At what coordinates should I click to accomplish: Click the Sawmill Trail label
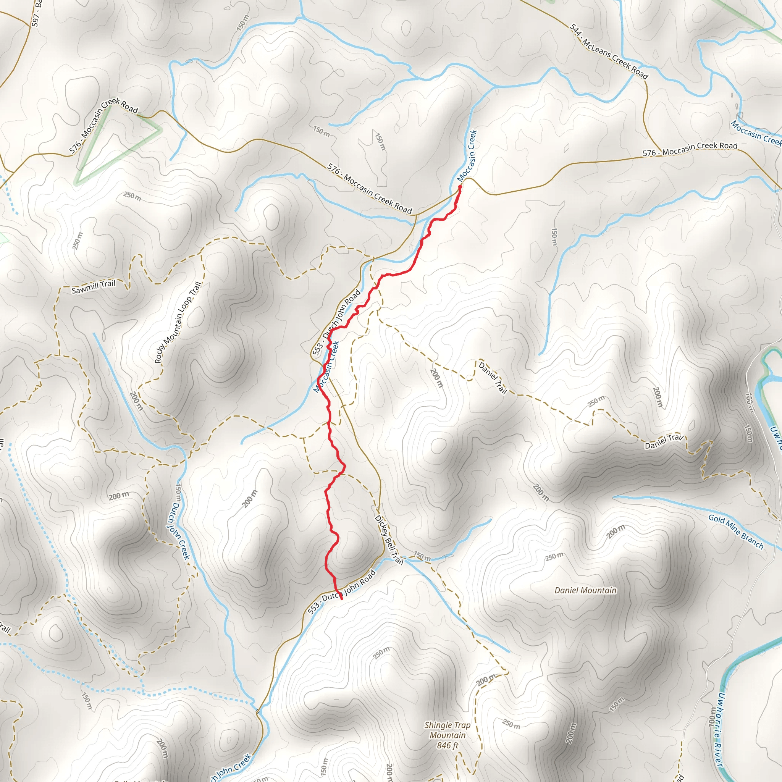click(94, 287)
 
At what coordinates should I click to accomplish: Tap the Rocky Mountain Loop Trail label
click(178, 323)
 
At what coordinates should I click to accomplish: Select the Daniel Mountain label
click(585, 591)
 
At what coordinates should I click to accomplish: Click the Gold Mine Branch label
click(736, 532)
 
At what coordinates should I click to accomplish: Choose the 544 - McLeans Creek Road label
click(609, 52)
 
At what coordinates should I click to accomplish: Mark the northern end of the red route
click(460, 187)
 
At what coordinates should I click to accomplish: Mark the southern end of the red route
click(341, 598)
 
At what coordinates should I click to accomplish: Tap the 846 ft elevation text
click(447, 746)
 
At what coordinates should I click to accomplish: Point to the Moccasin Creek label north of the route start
click(467, 156)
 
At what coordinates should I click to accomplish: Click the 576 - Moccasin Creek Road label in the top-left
click(103, 126)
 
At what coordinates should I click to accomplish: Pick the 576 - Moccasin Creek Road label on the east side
click(690, 149)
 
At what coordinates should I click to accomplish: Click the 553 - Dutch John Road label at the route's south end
click(341, 592)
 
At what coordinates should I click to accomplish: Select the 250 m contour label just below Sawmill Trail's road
click(132, 196)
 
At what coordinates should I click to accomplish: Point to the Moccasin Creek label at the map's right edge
click(755, 133)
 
